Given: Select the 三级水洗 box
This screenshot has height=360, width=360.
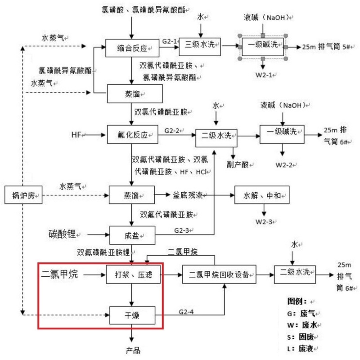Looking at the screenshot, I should point(200,45).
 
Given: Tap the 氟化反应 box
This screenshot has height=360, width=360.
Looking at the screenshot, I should point(133,134).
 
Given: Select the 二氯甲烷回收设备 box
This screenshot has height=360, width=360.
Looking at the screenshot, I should point(219,274).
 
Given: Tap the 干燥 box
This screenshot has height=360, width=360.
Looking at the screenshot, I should point(132,314).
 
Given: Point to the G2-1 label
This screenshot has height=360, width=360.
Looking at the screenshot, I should point(169,42).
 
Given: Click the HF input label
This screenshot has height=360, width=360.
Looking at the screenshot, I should point(76,134).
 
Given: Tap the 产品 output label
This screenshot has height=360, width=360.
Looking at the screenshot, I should point(133,349).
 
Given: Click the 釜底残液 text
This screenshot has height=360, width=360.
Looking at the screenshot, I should point(189,196).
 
